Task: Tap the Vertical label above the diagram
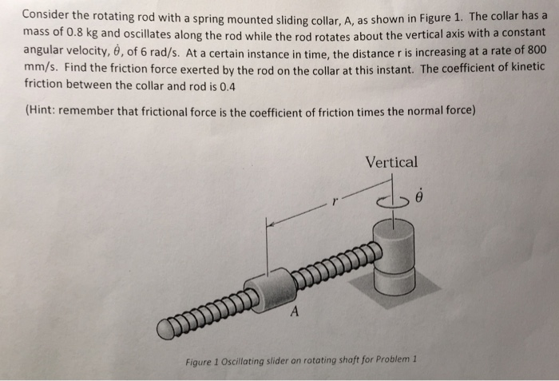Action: tap(391, 162)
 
